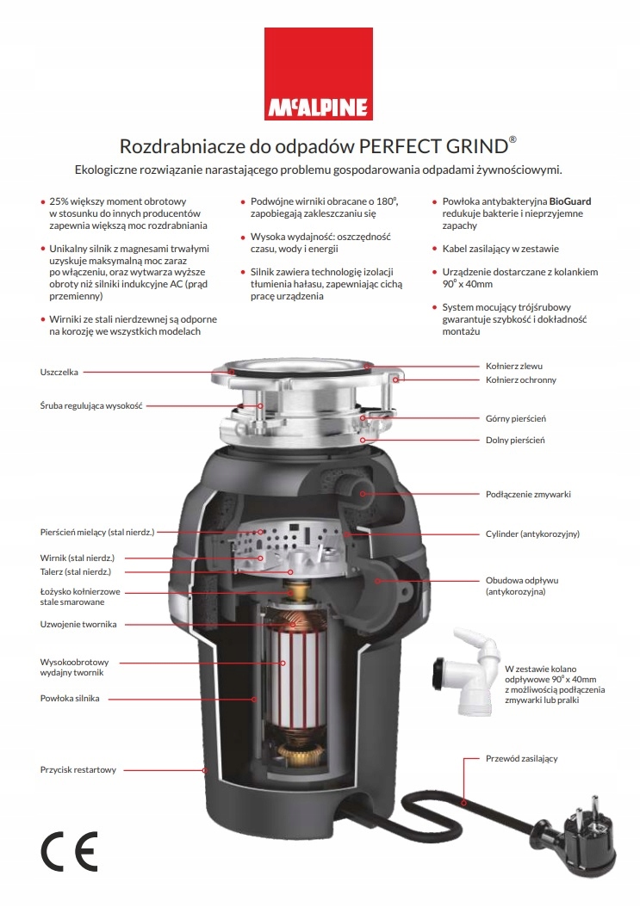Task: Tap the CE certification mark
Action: [70, 851]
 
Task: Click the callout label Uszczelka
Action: [59, 372]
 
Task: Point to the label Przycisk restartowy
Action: [78, 769]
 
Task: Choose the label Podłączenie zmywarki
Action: [528, 495]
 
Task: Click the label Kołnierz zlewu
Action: [514, 366]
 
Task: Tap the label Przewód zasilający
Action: [522, 758]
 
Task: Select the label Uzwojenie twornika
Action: [78, 624]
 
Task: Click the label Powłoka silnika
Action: [70, 698]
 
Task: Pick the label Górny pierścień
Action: [516, 419]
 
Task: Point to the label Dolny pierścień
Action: [515, 441]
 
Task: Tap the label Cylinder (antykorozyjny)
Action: [532, 534]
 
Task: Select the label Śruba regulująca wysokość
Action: [90, 404]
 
